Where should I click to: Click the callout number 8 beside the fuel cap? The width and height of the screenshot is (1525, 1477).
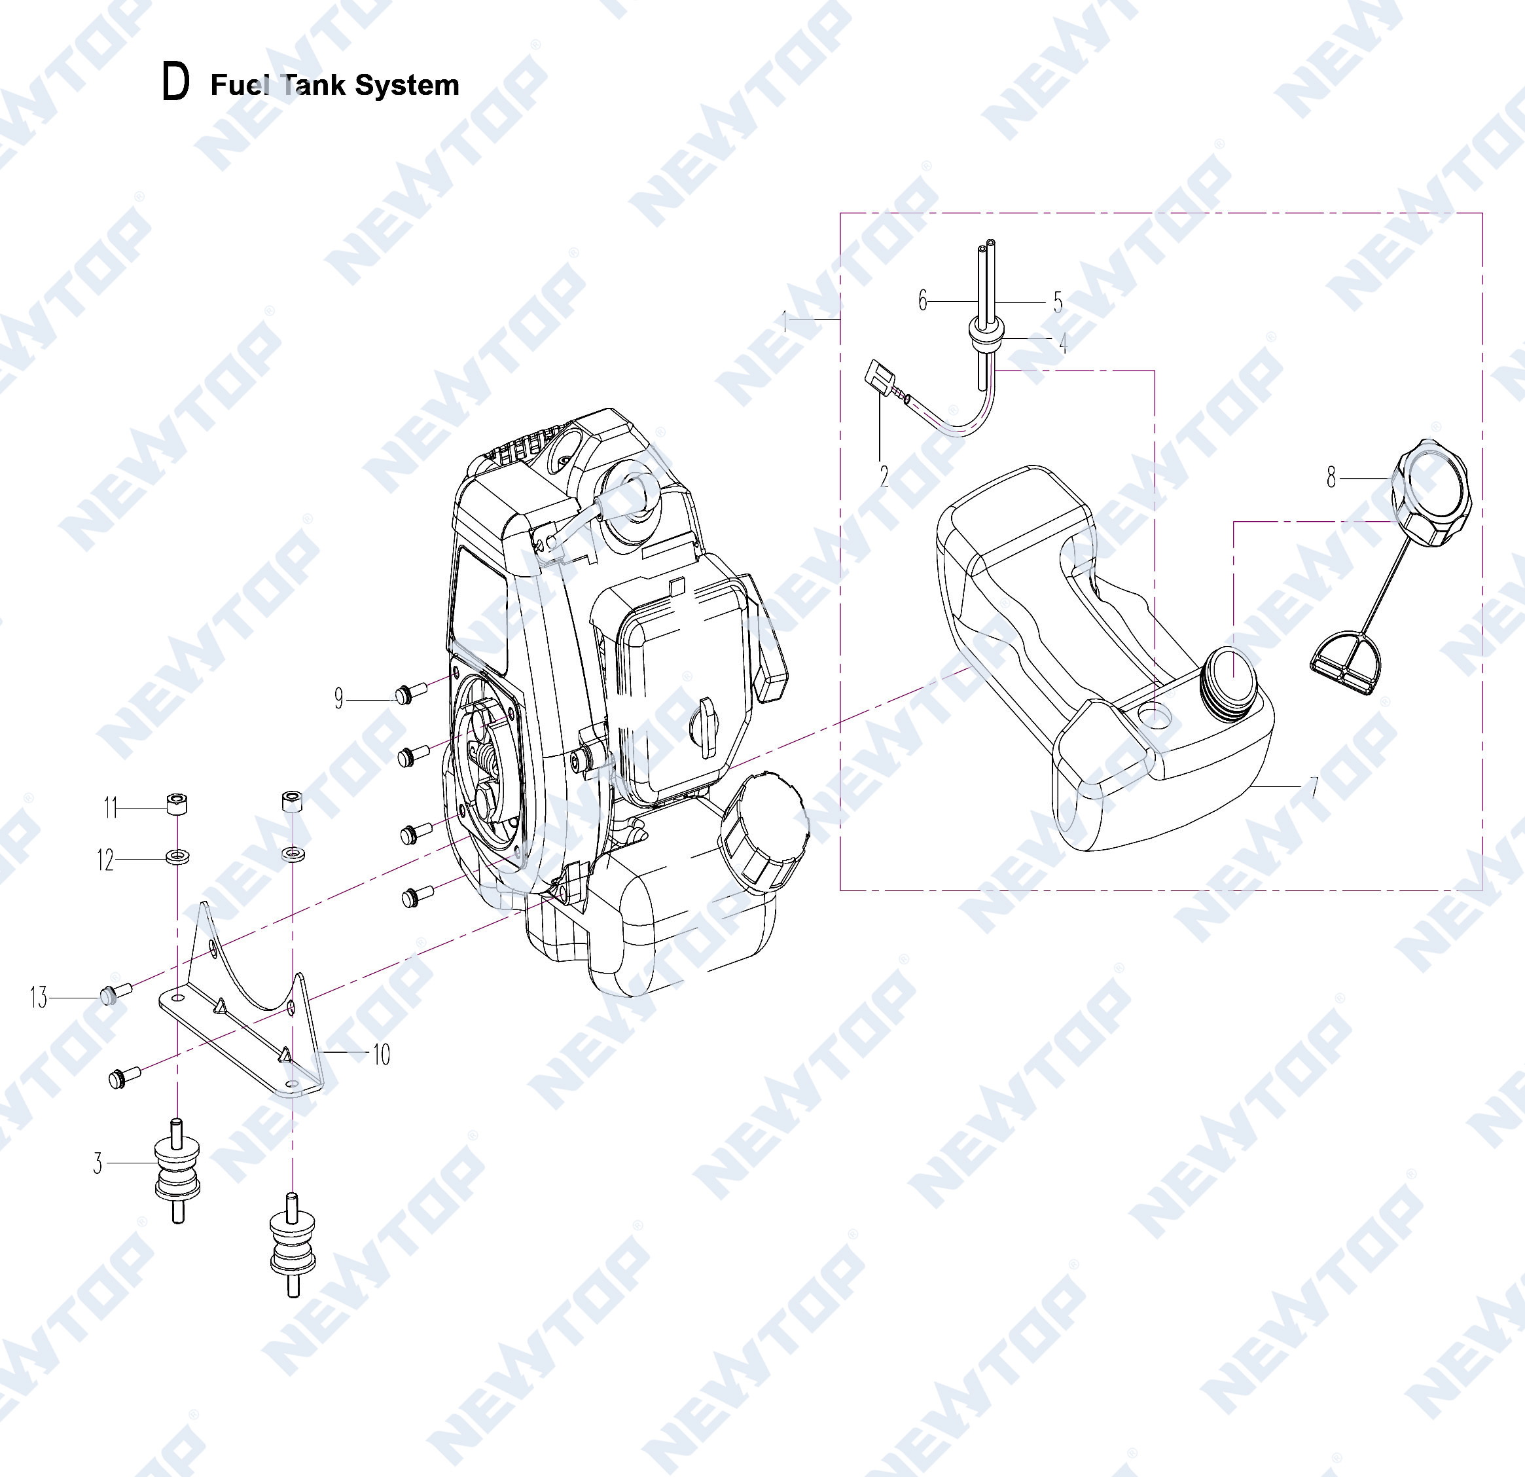point(1331,477)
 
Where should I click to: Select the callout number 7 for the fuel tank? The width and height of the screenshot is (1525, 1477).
point(1314,788)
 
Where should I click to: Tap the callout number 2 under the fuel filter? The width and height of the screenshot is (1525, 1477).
point(884,476)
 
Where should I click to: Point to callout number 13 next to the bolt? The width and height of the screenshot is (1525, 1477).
point(39,997)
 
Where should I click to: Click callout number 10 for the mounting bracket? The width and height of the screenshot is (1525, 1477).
point(381,1055)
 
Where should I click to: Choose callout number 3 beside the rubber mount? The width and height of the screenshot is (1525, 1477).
point(98,1163)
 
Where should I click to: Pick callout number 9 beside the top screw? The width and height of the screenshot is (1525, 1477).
point(338,698)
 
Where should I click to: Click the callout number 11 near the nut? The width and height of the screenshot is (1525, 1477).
point(110,808)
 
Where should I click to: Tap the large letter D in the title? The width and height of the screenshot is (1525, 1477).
point(175,81)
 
